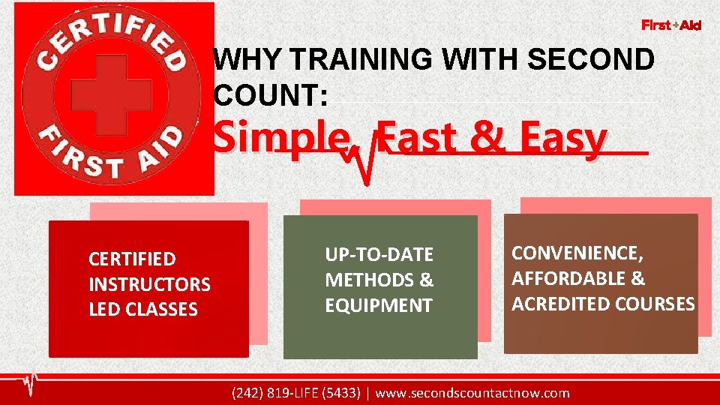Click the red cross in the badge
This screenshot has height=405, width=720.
point(100,96)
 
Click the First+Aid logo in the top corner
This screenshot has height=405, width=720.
point(671,25)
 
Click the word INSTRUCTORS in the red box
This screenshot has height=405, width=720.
point(149,285)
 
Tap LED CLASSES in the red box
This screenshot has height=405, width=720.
point(142,310)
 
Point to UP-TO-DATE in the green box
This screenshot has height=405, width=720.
point(379,255)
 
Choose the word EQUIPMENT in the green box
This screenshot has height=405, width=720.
point(378,306)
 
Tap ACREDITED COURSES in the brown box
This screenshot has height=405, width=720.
point(603,304)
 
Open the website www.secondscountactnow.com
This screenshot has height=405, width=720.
point(472,393)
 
